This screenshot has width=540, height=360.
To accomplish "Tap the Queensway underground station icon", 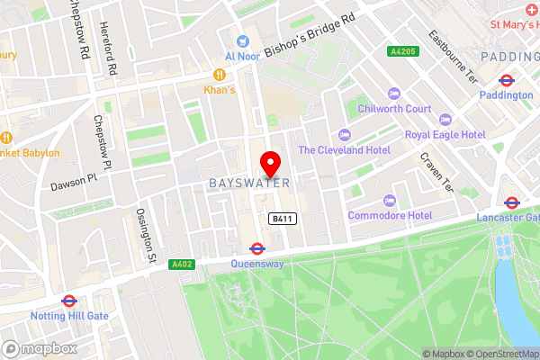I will (x=256, y=248).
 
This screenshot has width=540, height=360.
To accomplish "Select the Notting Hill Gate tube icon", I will (x=68, y=301).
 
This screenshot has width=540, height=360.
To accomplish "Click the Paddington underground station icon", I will (x=506, y=79).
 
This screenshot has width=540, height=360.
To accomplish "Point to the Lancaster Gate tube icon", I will (x=512, y=202).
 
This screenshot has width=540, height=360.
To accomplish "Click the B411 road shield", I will (x=280, y=219).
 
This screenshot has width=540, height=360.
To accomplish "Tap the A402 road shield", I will (x=180, y=264).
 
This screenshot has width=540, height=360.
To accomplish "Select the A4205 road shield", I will (x=400, y=52).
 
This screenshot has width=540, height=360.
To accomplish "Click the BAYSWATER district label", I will (x=250, y=183).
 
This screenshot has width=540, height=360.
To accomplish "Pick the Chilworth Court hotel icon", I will (x=392, y=94).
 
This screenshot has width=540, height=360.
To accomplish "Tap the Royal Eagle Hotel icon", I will (x=444, y=119).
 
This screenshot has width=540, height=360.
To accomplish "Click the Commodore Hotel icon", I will (x=389, y=200).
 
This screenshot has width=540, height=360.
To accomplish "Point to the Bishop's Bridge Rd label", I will (x=310, y=32).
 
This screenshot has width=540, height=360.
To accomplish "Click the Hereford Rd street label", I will (x=109, y=49).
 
